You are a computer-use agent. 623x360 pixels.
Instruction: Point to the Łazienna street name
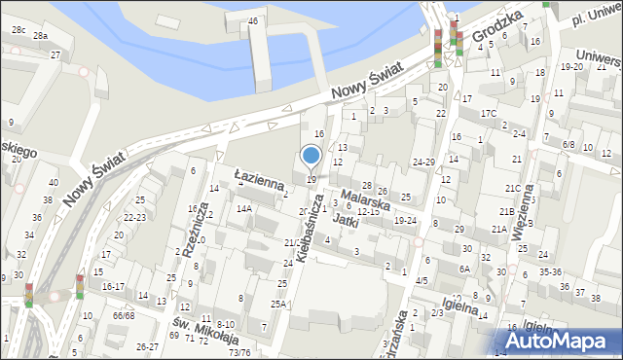click(258, 178)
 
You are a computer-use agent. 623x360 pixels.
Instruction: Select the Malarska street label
click(366, 196)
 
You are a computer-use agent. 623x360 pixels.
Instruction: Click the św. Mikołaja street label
click(205, 331)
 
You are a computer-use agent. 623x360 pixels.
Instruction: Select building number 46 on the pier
click(253, 20)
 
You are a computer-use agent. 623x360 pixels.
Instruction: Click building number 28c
click(18, 30)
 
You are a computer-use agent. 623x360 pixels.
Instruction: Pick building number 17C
click(488, 114)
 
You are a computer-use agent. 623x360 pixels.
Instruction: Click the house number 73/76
click(238, 352)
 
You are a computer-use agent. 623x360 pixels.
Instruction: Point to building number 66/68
click(123, 315)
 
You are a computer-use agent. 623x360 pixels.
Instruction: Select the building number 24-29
click(423, 162)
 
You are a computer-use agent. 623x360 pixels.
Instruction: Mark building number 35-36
click(550, 271)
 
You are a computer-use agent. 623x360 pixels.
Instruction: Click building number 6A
click(465, 269)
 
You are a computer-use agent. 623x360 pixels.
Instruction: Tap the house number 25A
click(278, 305)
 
